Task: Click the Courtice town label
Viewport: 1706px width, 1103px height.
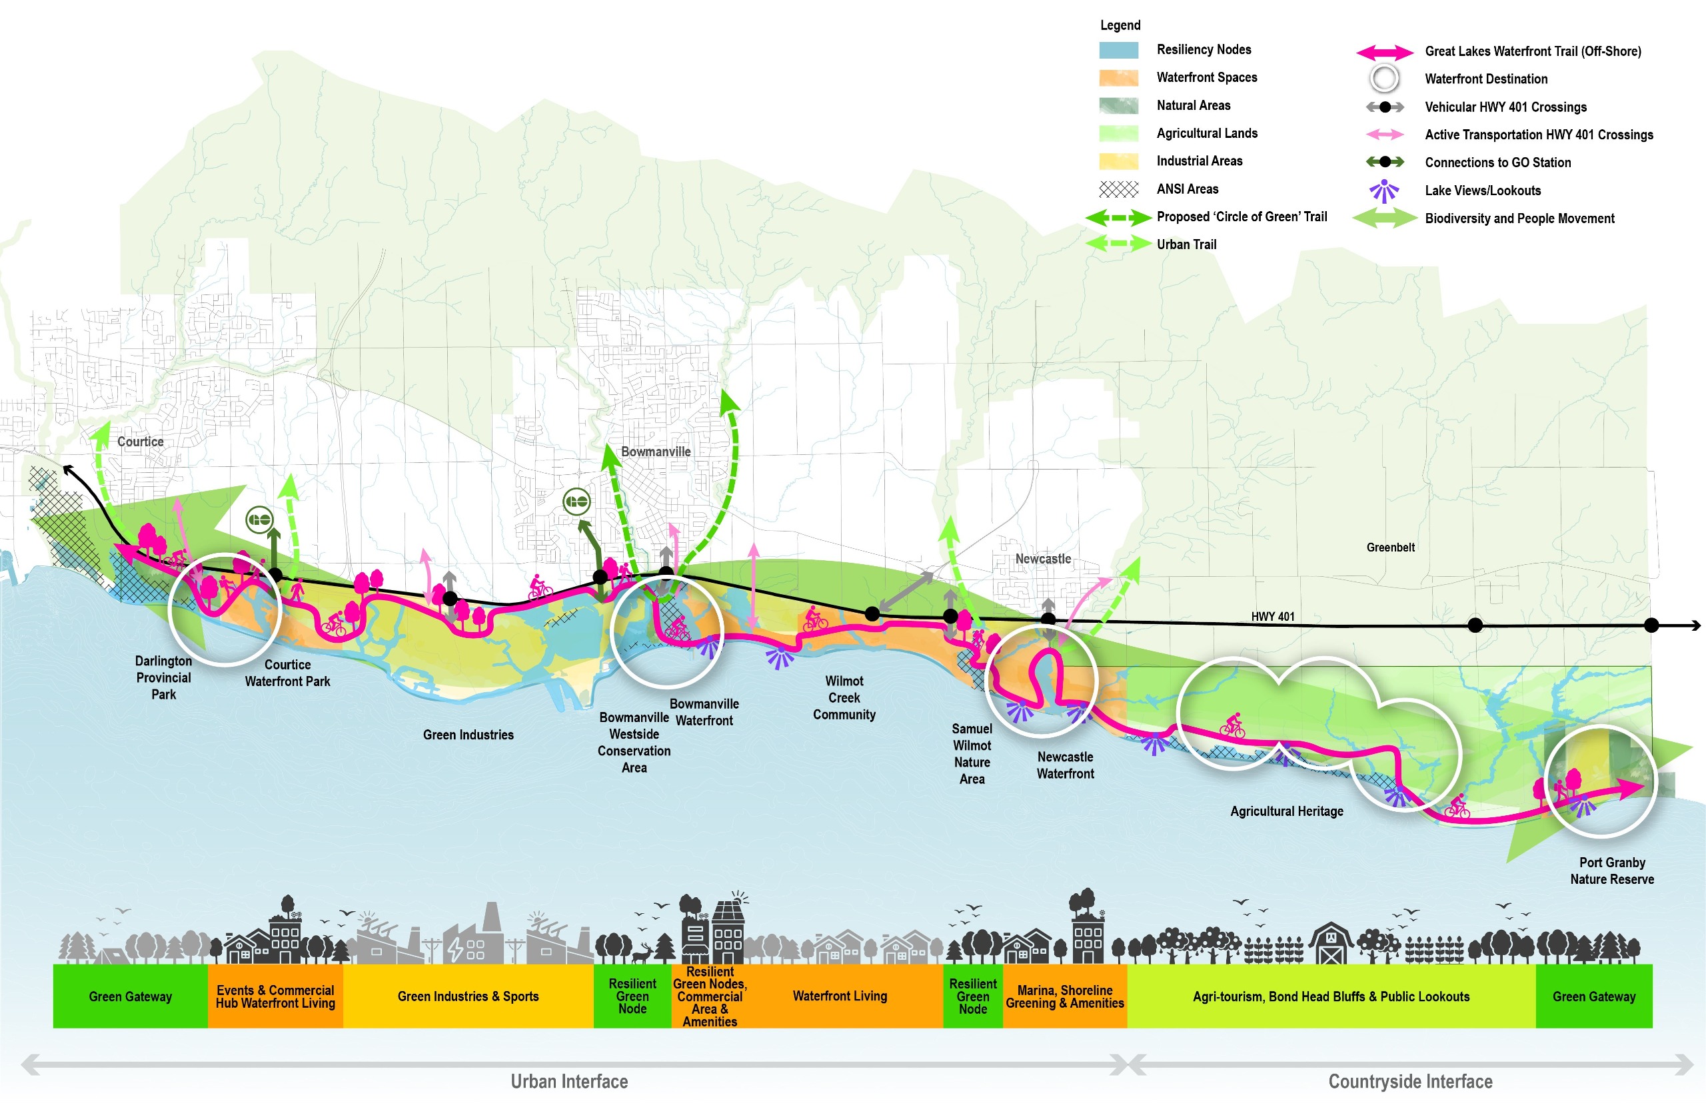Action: [141, 442]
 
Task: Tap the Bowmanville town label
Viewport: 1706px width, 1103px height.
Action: [656, 452]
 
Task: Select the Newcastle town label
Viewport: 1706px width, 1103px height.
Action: [1042, 559]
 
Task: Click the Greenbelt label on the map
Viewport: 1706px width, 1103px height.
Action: [1390, 548]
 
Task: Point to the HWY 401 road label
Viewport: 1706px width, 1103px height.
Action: [1273, 617]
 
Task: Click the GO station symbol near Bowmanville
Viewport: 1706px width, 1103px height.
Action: [576, 502]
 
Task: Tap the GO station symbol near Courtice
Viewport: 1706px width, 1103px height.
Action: [259, 520]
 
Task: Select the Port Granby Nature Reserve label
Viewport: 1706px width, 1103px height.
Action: [1611, 871]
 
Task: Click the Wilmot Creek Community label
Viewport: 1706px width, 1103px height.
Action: [844, 697]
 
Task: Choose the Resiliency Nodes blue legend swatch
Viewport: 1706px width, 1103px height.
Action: [1118, 50]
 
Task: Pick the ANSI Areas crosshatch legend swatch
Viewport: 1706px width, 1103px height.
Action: [1118, 189]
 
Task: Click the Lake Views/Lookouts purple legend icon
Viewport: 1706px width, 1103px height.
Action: [1383, 190]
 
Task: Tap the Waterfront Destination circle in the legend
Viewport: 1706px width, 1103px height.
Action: [1383, 79]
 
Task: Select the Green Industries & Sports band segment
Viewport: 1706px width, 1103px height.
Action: [468, 996]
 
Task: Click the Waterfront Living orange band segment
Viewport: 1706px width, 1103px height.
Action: [840, 996]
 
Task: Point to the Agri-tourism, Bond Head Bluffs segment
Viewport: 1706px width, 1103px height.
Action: [1331, 996]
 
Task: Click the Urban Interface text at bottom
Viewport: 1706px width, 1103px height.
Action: [569, 1081]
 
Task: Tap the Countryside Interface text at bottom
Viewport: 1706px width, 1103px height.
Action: [1409, 1081]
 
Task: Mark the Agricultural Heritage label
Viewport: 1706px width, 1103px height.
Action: [1286, 811]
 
